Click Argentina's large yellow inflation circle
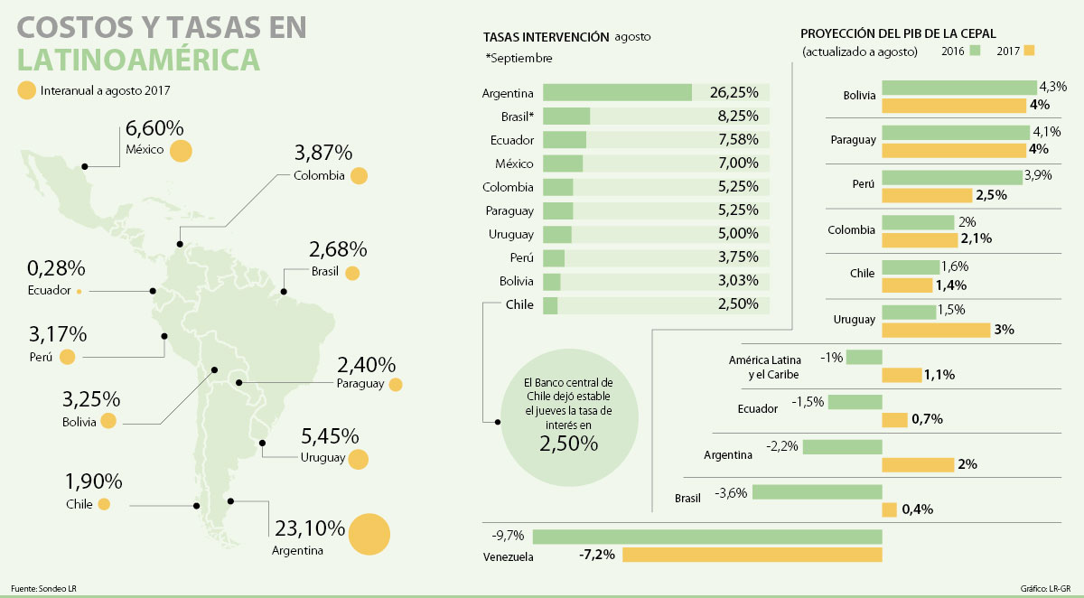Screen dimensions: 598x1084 pos(368,534)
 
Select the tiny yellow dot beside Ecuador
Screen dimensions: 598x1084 pos(79,291)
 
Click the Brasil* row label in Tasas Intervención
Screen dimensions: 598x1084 pos(517,117)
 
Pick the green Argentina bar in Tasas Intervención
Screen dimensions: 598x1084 pos(618,93)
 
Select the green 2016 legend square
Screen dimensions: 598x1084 pos(975,51)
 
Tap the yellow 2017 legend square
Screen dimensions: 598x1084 pos(1030,51)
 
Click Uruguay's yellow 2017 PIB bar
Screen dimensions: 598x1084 pos(935,330)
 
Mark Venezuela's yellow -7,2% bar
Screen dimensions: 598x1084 pos(752,555)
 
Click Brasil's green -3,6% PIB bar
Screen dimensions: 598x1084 pos(817,492)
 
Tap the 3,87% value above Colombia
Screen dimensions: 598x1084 pos(323,152)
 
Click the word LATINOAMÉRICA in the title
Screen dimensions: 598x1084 pos(138,60)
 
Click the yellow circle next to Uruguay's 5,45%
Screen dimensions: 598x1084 pos(359,459)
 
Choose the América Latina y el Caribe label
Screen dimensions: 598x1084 pos(766,367)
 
